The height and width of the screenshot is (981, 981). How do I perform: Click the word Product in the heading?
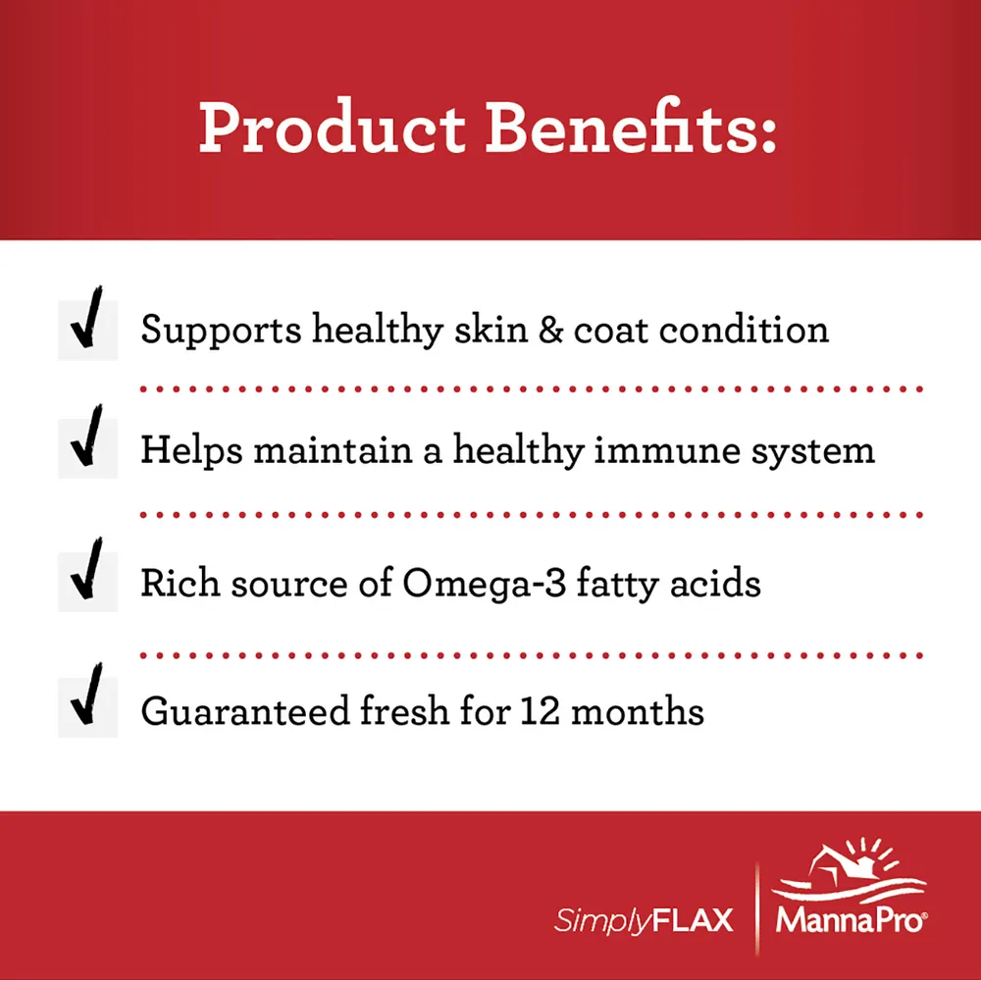tap(332, 129)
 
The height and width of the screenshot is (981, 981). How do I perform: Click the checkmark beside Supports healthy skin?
tap(87, 318)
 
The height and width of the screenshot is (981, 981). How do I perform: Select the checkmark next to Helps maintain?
tap(87, 437)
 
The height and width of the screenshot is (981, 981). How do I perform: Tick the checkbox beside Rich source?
tap(87, 581)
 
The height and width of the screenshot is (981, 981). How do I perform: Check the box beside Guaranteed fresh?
tap(87, 707)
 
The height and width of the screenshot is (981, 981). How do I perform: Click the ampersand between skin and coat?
tap(550, 330)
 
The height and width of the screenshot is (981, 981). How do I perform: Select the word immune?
tap(667, 450)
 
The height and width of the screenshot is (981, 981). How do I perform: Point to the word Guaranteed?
tap(245, 711)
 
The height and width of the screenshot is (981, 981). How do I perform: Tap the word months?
tap(638, 710)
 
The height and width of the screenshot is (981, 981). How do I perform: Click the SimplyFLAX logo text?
tap(644, 921)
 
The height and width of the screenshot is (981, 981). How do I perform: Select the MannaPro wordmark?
tap(852, 920)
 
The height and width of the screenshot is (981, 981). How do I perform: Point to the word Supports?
tap(222, 331)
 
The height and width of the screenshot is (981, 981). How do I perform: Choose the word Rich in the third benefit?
tap(181, 583)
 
